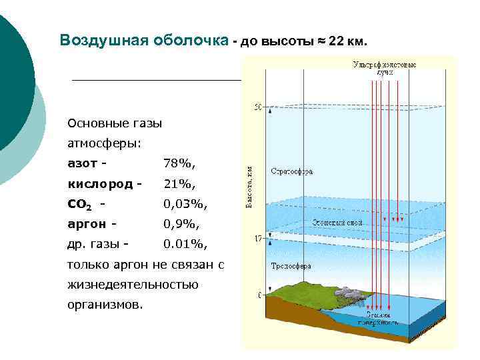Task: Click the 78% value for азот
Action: click(180, 163)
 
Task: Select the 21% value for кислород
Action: click(180, 183)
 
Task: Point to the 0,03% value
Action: click(186, 204)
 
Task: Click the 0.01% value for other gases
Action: click(186, 245)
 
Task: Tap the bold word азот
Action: click(83, 163)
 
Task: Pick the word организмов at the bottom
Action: click(105, 305)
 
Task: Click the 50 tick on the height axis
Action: click(258, 106)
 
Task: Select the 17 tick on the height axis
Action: click(258, 238)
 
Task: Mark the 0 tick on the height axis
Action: click(260, 294)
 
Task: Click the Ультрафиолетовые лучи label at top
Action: click(385, 67)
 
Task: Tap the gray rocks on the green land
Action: click(347, 291)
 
